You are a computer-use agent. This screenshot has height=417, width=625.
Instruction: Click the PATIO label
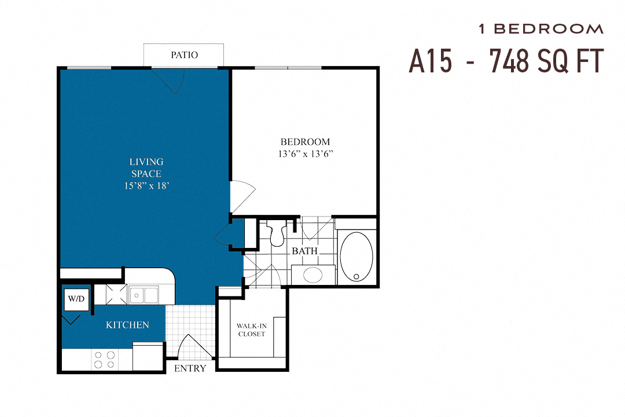pos(184,55)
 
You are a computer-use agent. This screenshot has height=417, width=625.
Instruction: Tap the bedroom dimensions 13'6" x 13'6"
pos(305,154)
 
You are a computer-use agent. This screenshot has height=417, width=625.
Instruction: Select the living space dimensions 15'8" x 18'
pos(146,186)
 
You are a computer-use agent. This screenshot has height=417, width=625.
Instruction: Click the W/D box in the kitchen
pos(76,299)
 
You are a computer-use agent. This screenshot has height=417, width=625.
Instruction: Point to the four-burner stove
pos(104,360)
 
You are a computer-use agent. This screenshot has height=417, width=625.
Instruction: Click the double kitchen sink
pos(144,295)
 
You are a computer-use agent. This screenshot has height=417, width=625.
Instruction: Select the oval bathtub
pos(356,257)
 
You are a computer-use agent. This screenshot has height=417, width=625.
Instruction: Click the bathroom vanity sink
pos(313,275)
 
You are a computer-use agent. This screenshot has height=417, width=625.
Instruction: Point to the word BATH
pos(304,251)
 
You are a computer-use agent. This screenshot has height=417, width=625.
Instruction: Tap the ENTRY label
pos(190,368)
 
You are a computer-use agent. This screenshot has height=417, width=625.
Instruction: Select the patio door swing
pos(172,81)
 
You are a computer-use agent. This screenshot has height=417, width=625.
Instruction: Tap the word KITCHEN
pos(127,325)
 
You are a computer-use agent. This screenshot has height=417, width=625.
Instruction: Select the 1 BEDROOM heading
pos(541,28)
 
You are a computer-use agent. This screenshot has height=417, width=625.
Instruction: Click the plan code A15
pos(431,60)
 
